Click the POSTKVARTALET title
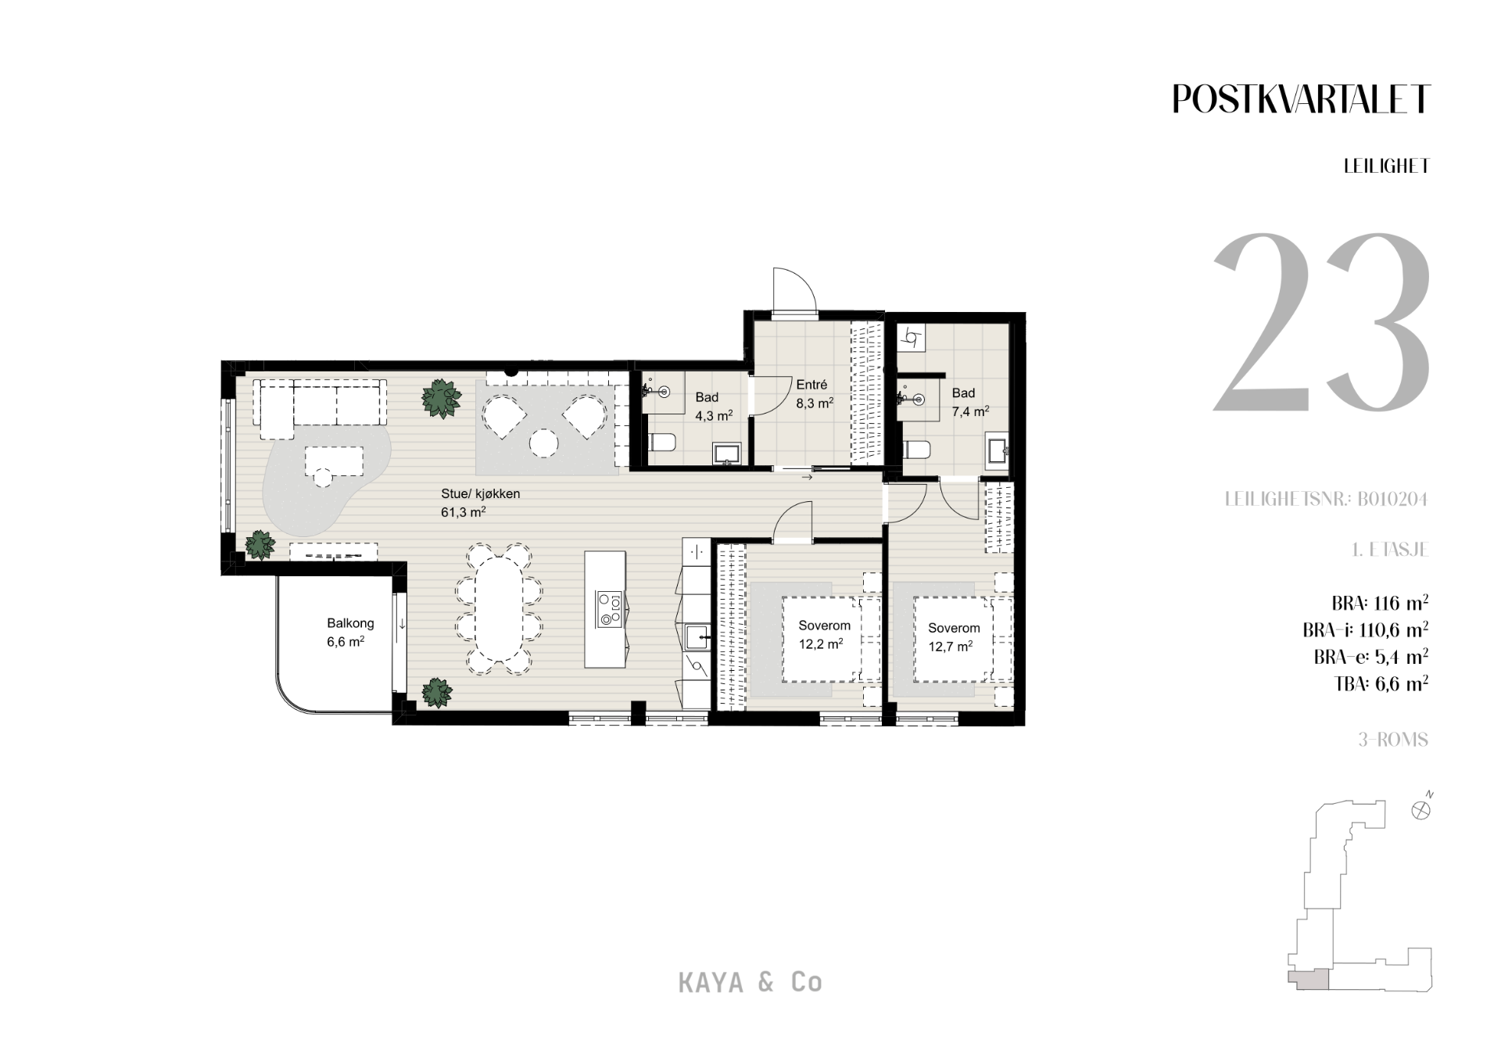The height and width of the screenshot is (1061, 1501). point(1301,99)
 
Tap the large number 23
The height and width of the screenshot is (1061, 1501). point(1321,322)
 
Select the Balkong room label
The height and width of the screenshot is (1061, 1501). point(350,623)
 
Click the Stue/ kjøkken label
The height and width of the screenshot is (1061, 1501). point(480,494)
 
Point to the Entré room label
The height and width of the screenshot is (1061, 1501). point(811,385)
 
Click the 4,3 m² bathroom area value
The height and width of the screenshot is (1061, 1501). point(714,416)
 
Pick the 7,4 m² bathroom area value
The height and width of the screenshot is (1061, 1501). point(971,411)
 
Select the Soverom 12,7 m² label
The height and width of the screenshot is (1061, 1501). point(953,637)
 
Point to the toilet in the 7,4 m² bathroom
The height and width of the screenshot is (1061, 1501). point(915,451)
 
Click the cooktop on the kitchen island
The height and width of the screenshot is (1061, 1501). point(608,609)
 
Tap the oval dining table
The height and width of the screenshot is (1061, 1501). point(499,608)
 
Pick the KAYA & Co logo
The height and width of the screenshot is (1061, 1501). point(750,982)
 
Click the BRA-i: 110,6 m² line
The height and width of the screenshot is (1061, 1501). point(1366,629)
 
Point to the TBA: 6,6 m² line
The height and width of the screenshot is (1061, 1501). point(1382,683)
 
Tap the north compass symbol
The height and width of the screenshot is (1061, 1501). point(1421,808)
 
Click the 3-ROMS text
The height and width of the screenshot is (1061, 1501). point(1393,740)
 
